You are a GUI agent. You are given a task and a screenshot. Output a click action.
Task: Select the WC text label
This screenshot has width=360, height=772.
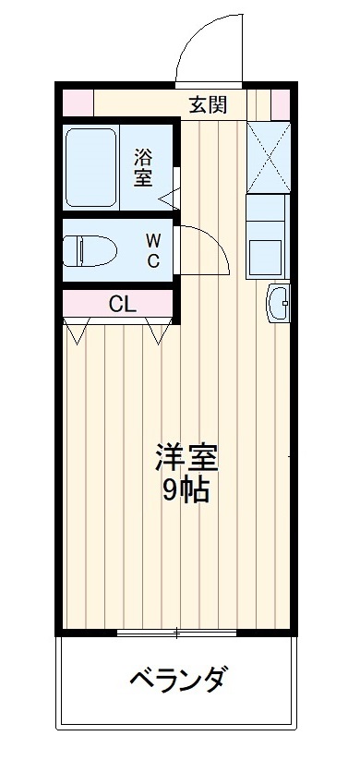[152, 249]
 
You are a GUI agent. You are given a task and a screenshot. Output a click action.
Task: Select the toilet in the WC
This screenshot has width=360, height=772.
[90, 249]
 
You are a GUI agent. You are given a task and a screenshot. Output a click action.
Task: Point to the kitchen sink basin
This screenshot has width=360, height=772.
[269, 251]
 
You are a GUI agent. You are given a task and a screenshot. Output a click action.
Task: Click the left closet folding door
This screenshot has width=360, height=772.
[78, 330]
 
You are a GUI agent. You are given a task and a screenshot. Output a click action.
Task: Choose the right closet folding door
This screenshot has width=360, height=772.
[161, 330]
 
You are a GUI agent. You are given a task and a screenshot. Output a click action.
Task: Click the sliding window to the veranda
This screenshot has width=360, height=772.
[176, 633]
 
